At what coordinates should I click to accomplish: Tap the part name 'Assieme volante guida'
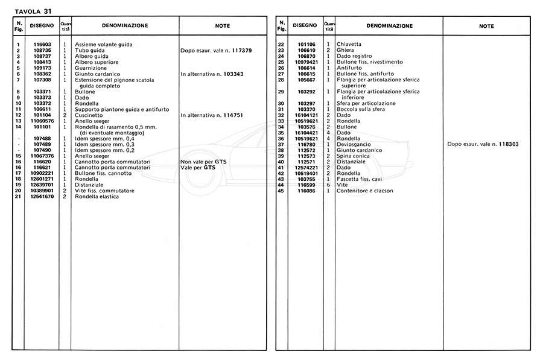tap(104, 45)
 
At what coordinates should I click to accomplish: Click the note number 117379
tap(240, 50)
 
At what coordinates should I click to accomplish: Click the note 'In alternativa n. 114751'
tap(215, 115)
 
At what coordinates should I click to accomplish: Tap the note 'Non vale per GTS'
tap(203, 162)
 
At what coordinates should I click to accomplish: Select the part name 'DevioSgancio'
tap(354, 144)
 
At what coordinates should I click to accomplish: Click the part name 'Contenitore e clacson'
tap(365, 191)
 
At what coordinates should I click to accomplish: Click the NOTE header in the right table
tap(486, 27)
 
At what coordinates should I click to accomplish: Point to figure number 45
tap(281, 191)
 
